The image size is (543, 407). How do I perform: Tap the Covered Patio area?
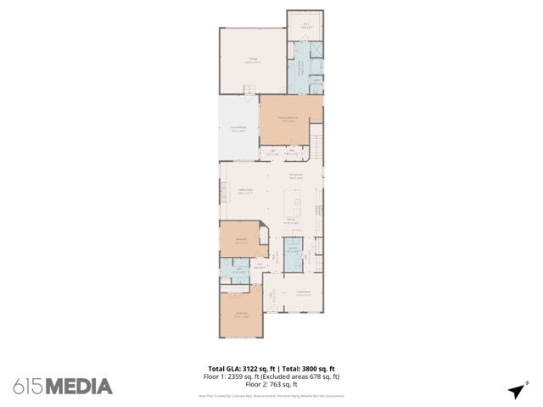238,130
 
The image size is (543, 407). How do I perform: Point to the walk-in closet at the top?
305,26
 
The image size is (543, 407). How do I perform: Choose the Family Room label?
244,192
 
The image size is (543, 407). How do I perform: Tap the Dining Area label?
296,177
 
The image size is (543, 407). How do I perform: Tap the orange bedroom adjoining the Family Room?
241,240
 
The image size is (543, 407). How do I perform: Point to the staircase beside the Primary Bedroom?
316,143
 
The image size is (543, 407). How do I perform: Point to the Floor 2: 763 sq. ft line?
271,384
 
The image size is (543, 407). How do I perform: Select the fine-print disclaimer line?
271,395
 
